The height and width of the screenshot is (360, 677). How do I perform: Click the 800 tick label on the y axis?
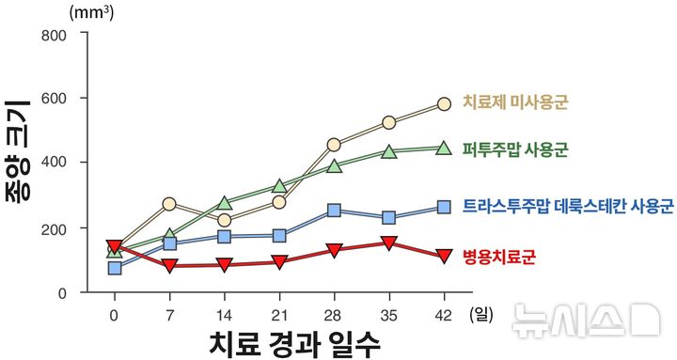tap(53, 35)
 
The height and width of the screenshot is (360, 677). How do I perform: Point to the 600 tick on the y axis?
tap(53, 98)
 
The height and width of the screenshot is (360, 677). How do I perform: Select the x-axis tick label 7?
tap(169, 314)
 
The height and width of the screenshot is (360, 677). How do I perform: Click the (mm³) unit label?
tap(87, 13)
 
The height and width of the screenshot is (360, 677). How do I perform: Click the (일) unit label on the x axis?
tap(482, 314)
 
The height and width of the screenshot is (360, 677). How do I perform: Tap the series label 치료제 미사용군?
tap(516, 102)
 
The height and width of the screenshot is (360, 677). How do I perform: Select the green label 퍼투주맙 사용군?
tap(515, 149)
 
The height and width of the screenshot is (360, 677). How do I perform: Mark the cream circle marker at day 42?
tap(444, 103)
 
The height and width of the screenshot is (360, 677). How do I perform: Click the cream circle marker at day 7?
tap(169, 204)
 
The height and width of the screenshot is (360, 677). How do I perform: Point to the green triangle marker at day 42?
tap(444, 148)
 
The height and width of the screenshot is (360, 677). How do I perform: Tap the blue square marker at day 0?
tap(115, 268)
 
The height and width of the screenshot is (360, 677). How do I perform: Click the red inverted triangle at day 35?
tap(389, 244)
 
